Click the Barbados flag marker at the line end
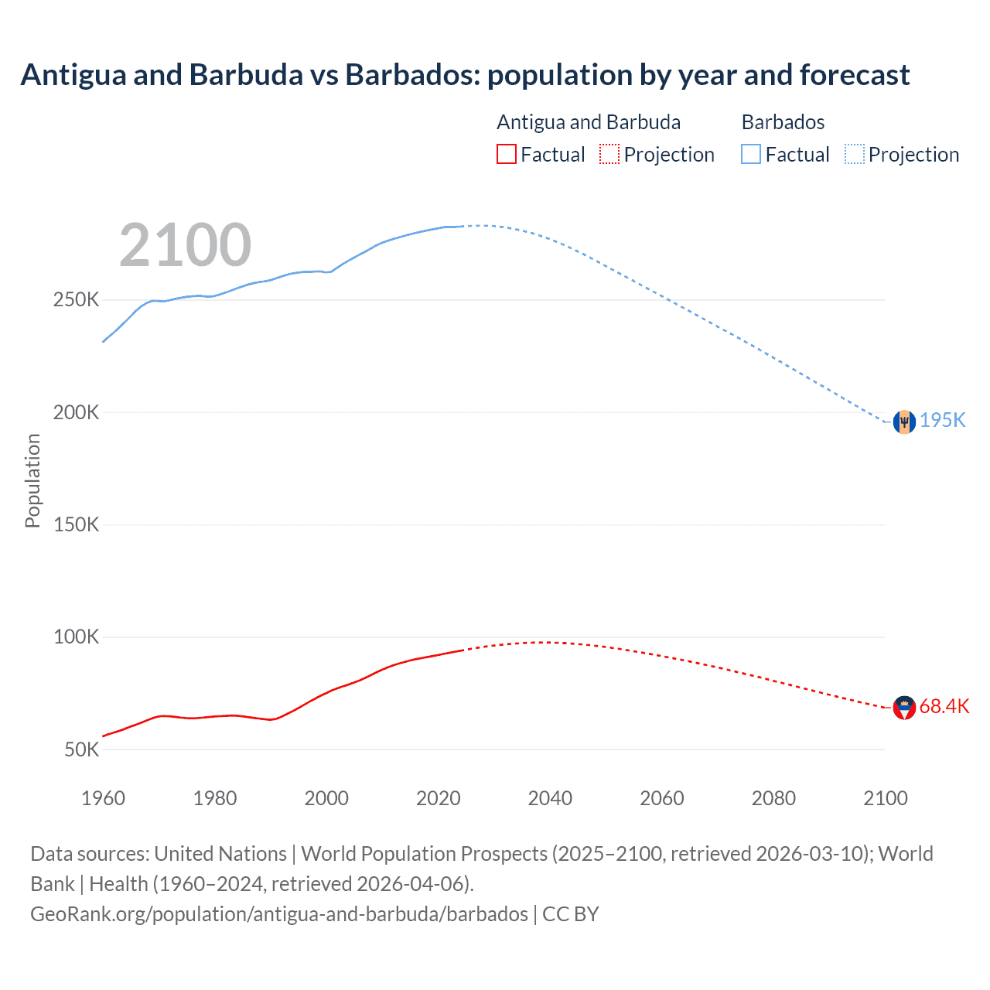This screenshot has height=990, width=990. (x=904, y=422)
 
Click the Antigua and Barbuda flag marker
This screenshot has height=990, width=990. (x=904, y=707)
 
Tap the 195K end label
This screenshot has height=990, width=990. (x=942, y=420)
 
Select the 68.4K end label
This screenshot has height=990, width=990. (x=944, y=706)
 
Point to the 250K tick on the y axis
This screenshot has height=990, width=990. (x=76, y=300)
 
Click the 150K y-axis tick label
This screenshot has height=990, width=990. (x=76, y=525)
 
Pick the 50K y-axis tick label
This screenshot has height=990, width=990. (x=81, y=749)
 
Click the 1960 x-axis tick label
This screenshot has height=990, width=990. (x=103, y=798)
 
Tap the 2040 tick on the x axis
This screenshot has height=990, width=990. (x=550, y=798)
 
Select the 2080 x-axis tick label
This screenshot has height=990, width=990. (x=773, y=798)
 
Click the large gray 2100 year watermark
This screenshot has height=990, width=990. (x=185, y=245)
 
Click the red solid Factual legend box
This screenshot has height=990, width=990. (x=506, y=154)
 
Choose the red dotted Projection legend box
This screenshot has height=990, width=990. (x=609, y=154)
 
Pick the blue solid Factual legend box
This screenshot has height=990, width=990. (x=750, y=154)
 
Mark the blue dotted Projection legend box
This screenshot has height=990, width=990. (x=854, y=154)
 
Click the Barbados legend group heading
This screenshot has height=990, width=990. (x=783, y=122)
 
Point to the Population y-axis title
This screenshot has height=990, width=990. (x=32, y=480)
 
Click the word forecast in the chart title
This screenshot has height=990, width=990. (x=855, y=75)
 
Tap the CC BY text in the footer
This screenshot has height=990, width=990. (x=571, y=913)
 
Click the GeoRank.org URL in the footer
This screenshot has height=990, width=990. (x=278, y=913)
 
